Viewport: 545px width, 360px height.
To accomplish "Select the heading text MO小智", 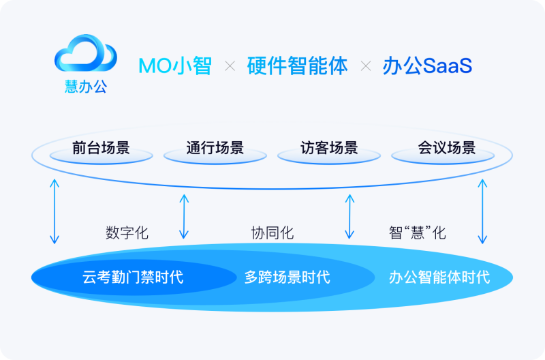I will coord(174,66).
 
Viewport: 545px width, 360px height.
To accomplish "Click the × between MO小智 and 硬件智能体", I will coord(230,66).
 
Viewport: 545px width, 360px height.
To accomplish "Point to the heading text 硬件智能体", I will coord(298,66).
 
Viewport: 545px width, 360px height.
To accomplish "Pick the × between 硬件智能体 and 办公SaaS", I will coord(366,66).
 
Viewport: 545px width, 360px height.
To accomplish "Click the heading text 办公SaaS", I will coord(428,66).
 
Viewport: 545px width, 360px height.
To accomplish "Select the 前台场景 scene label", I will coord(101,148).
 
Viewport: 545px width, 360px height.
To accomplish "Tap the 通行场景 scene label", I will coord(215,148).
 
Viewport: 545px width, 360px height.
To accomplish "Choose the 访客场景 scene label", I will coord(329,148).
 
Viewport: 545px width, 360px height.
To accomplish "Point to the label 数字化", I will coord(127,232).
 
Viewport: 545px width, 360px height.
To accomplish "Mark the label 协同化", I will coord(272,232).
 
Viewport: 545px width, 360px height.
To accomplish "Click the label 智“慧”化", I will coord(418,232).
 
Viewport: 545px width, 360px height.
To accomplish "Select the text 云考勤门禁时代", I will coord(133,277).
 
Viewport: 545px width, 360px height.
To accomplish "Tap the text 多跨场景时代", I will coord(287,277).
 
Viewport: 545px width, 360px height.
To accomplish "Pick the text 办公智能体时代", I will coord(439,277).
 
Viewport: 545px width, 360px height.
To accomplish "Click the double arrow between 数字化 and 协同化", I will coord(184,216).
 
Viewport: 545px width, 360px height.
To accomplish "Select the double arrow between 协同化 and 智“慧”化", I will coord(349,216).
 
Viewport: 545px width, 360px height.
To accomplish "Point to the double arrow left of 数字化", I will coord(54,211).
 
